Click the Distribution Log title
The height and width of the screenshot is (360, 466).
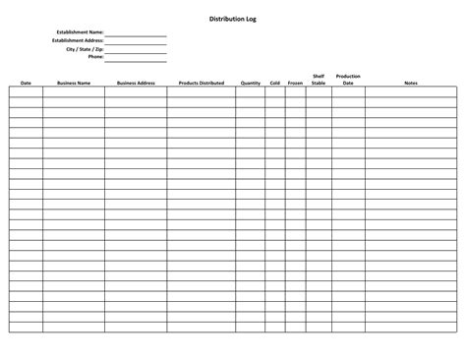233,19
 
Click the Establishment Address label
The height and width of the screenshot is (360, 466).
77,40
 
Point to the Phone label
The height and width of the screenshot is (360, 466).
94,56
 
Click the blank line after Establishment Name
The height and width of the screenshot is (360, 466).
136,34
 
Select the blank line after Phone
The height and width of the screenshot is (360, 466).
136,58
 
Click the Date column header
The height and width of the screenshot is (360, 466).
26,84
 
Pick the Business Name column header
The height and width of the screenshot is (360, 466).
74,84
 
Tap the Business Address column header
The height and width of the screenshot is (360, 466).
136,84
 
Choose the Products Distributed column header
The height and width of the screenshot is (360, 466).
202,84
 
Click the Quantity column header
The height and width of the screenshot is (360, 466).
250,84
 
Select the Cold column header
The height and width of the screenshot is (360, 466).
274,84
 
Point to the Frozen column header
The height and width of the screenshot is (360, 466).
295,84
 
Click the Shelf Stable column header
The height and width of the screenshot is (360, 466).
319,80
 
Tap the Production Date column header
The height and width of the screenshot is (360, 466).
348,80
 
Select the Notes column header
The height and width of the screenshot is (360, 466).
410,84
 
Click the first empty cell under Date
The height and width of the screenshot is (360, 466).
26,91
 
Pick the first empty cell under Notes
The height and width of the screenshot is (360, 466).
410,91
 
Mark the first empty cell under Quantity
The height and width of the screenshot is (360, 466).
250,91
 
